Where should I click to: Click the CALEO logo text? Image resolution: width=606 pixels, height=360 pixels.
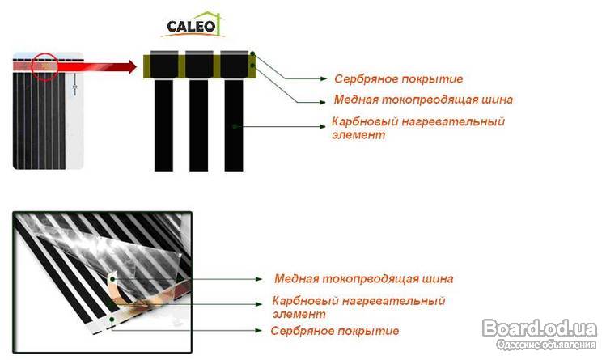pyautogui.click(x=191, y=26)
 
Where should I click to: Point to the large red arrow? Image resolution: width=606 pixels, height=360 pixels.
pyautogui.click(x=96, y=66)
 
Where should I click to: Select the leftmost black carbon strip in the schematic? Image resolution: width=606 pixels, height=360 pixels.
pyautogui.click(x=164, y=125)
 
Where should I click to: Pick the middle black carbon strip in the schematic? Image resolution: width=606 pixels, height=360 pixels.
pyautogui.click(x=199, y=125)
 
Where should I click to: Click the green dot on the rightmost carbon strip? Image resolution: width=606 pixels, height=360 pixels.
pyautogui.click(x=234, y=126)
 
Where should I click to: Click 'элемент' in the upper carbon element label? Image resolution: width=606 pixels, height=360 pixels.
pyautogui.click(x=358, y=135)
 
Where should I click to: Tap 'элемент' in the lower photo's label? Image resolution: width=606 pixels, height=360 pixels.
pyautogui.click(x=299, y=314)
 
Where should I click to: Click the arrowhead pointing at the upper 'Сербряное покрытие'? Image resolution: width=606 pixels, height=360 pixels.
pyautogui.click(x=324, y=78)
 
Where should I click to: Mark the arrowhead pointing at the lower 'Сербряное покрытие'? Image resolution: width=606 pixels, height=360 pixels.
pyautogui.click(x=259, y=330)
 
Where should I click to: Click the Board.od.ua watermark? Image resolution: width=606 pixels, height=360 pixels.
pyautogui.click(x=540, y=328)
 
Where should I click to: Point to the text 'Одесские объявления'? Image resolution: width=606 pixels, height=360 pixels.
pyautogui.click(x=546, y=345)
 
